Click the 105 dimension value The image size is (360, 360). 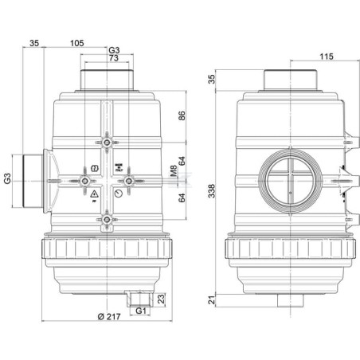(x=77, y=43)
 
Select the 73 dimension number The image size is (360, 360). (x=114, y=58)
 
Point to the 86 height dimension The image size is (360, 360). (x=182, y=115)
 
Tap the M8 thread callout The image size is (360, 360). (x=174, y=170)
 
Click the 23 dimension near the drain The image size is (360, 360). (x=161, y=299)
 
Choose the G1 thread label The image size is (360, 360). (x=141, y=311)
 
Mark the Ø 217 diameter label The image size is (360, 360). (x=109, y=316)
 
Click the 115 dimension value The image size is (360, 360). (x=327, y=57)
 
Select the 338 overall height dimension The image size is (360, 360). (x=212, y=191)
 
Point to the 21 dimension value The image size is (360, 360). (x=212, y=300)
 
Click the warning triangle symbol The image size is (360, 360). (x=94, y=194)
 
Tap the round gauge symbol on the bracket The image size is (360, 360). (x=119, y=194)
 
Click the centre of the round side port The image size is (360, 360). (x=291, y=181)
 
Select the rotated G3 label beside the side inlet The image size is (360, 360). (x=7, y=178)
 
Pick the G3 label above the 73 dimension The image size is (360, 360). (x=114, y=50)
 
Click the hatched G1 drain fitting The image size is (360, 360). (x=139, y=299)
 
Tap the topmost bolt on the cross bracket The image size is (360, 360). (x=107, y=143)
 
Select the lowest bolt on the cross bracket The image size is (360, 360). (x=107, y=220)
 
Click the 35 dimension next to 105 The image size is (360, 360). (x=34, y=43)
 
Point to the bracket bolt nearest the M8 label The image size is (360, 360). (x=128, y=181)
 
